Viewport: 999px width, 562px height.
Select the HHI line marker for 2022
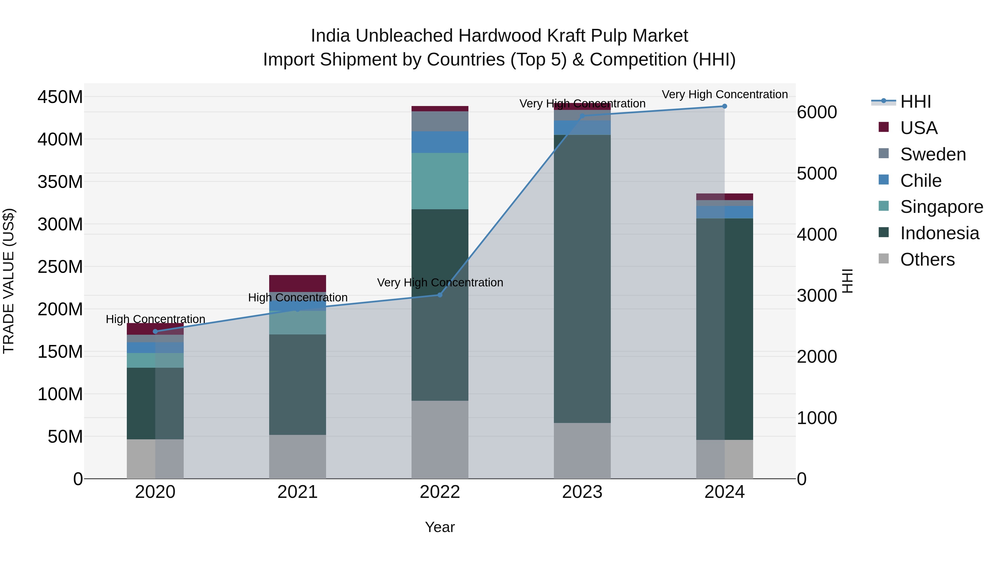click(x=440, y=295)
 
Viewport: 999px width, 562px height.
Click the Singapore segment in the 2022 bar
click(x=440, y=181)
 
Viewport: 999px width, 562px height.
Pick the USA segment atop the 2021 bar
click(x=297, y=283)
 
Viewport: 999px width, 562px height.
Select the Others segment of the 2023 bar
click(x=582, y=451)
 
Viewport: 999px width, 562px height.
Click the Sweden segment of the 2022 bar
click(x=440, y=121)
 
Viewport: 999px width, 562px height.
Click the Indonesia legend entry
click(x=939, y=233)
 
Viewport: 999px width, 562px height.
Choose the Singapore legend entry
click(x=941, y=207)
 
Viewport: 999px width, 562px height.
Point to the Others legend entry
click(x=927, y=260)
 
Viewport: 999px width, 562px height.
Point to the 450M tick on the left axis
click(x=60, y=97)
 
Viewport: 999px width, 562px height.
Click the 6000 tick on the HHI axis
click(x=817, y=112)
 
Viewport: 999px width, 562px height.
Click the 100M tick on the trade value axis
click(x=60, y=394)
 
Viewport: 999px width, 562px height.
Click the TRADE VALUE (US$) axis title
click(x=9, y=281)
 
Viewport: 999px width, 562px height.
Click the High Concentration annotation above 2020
click(x=155, y=319)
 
